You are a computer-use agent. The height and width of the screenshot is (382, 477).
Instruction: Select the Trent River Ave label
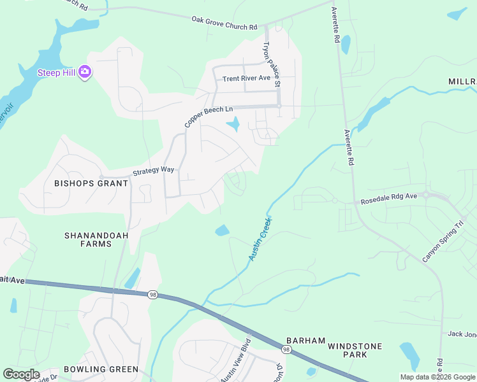click(246, 78)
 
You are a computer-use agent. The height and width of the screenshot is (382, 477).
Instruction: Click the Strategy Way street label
click(153, 171)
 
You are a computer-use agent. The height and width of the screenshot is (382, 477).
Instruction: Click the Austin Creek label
click(260, 238)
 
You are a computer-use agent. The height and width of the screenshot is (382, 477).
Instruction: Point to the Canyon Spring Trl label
click(443, 242)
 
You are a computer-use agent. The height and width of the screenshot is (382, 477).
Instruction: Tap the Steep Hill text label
click(57, 72)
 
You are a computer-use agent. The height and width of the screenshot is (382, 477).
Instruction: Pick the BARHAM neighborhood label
click(305, 341)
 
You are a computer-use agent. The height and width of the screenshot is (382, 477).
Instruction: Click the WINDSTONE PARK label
click(355, 351)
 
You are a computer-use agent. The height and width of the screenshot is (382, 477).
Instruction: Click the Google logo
click(21, 374)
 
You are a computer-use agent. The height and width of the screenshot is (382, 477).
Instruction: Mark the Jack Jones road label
click(462, 334)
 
